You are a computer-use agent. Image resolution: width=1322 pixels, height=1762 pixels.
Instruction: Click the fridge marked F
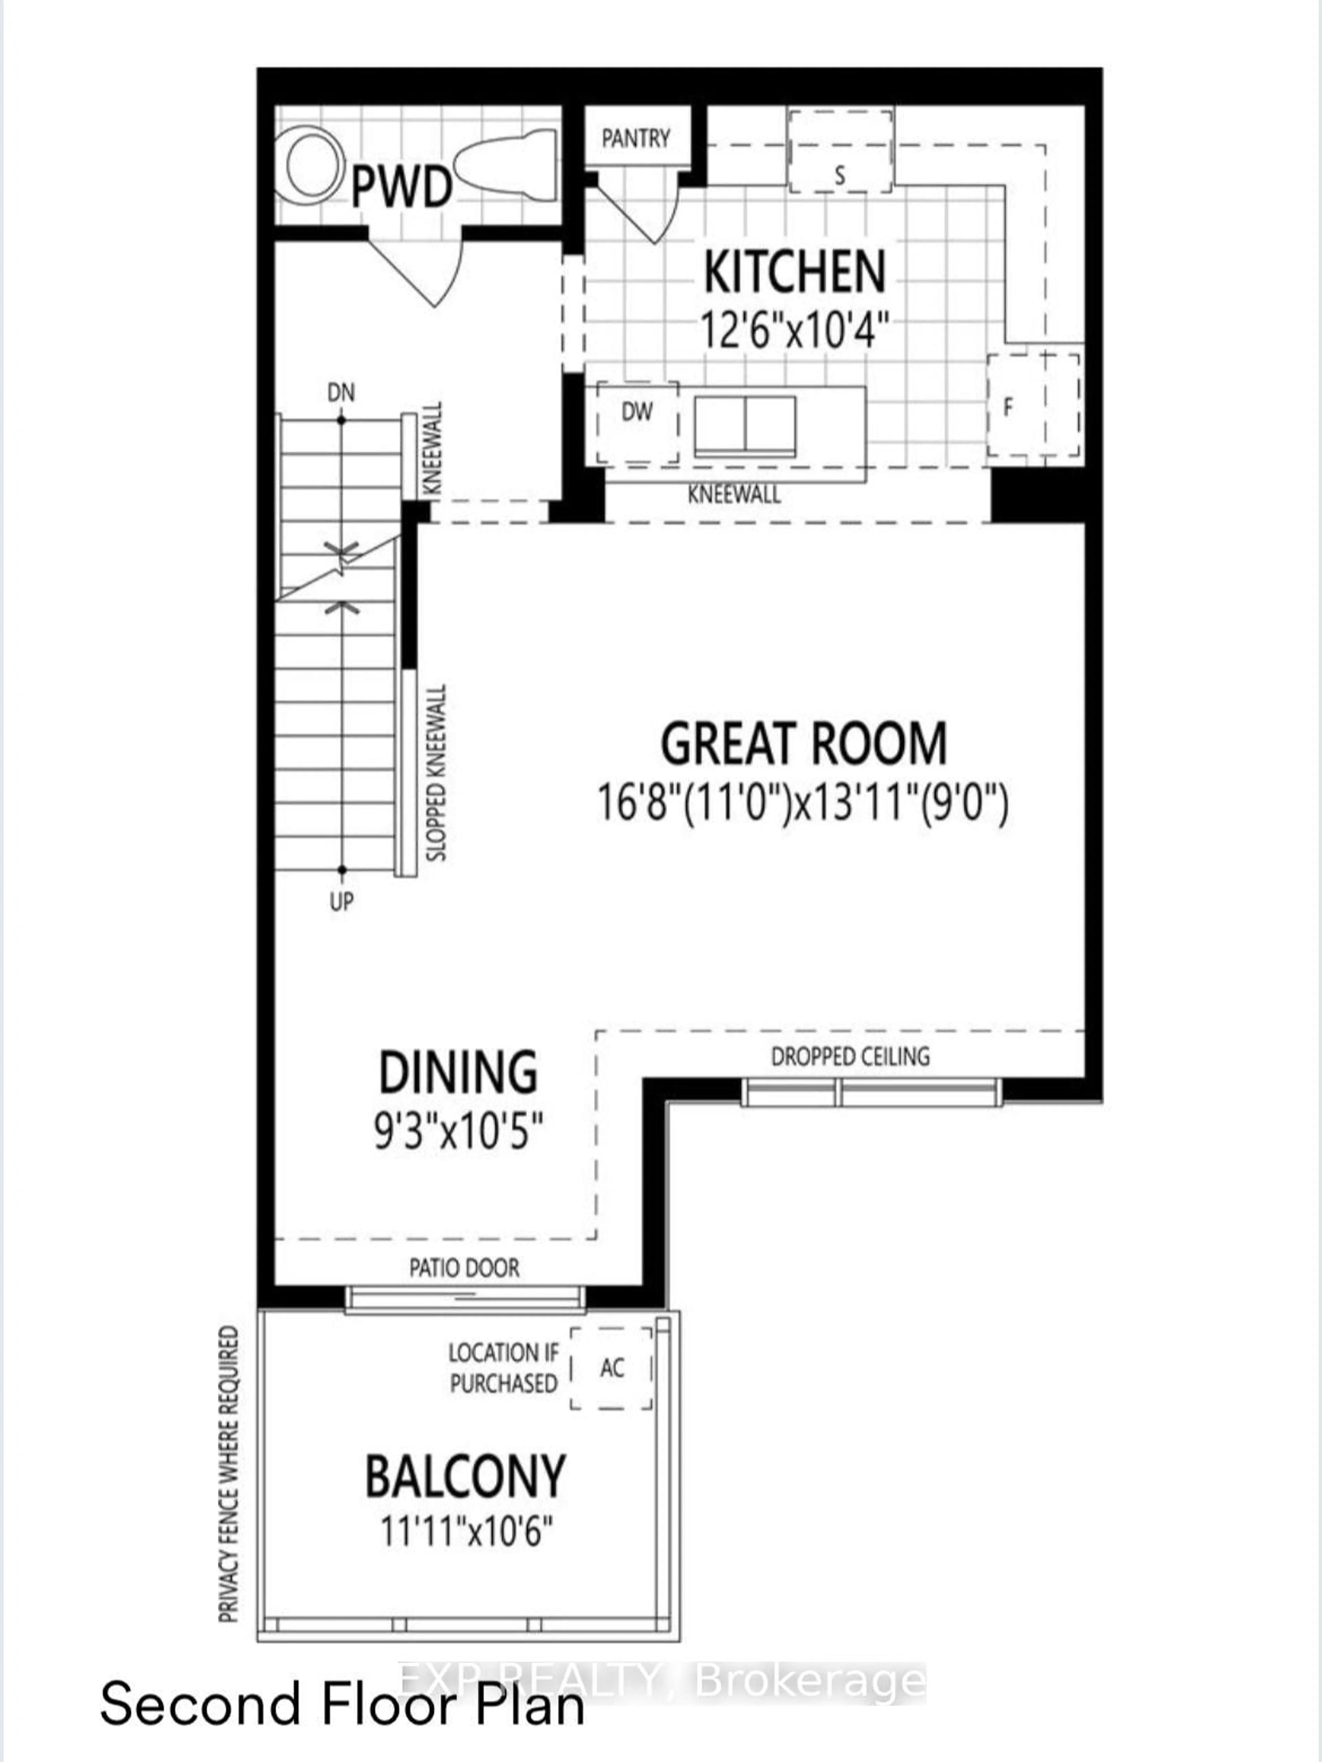coord(1034,405)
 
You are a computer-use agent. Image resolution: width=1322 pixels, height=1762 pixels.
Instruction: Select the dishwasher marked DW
coord(638,422)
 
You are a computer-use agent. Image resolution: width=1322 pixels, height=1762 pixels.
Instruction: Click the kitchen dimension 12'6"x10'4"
coord(794,328)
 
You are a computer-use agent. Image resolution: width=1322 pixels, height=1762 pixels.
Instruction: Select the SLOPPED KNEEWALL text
coord(437,773)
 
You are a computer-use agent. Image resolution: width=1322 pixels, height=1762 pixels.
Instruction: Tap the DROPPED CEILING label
coord(850,1056)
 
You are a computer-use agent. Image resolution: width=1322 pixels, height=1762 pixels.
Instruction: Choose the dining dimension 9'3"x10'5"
coord(459,1131)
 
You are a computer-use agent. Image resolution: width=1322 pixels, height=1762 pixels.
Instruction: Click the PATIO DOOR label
coord(464,1267)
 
